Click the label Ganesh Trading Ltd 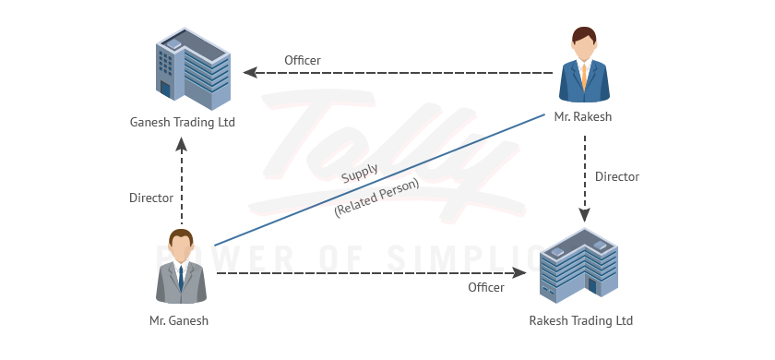coord(183,122)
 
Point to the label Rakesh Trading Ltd coord(580,321)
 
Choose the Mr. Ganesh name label coord(179,321)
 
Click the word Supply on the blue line coord(359,174)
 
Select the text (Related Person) coord(376,197)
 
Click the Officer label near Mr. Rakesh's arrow coord(302,60)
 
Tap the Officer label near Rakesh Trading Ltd coord(485,288)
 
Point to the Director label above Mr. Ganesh coord(151,198)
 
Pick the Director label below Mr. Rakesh coord(616,176)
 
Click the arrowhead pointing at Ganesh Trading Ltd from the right coord(249,72)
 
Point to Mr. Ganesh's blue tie coord(181,276)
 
